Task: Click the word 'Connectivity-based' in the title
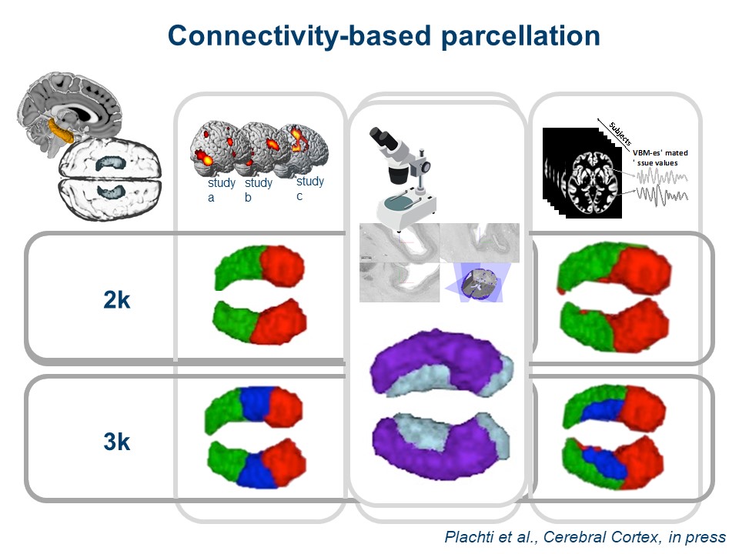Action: point(289,36)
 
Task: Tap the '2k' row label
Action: point(116,300)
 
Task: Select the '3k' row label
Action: point(116,442)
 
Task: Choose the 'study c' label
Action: point(309,189)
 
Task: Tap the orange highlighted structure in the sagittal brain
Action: point(61,130)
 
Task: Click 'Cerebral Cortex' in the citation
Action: point(591,537)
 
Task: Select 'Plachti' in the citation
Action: point(471,537)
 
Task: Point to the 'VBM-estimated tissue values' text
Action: point(660,158)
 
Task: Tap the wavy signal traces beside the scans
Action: point(660,188)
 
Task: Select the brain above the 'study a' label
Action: point(214,150)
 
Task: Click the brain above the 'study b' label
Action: point(258,148)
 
